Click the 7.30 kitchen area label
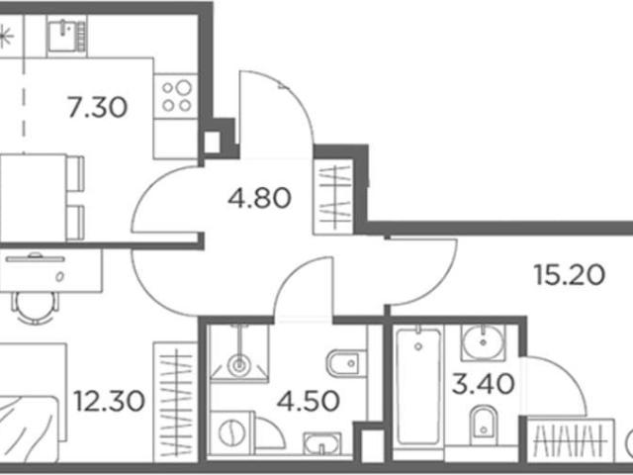click(x=97, y=107)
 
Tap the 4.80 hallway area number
click(x=259, y=198)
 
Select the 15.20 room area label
click(x=570, y=275)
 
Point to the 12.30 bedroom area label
click(x=109, y=401)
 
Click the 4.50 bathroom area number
click(x=308, y=401)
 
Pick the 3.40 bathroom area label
click(x=484, y=383)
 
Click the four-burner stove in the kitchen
click(x=176, y=96)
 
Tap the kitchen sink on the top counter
click(x=66, y=36)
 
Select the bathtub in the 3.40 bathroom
click(x=418, y=387)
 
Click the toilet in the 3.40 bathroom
click(x=484, y=423)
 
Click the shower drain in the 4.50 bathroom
click(x=239, y=365)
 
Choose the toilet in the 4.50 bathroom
click(x=346, y=363)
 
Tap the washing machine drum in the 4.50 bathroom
click(x=231, y=432)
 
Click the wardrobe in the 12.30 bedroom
click(x=175, y=403)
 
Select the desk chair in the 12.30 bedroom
click(x=36, y=307)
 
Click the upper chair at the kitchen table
click(x=75, y=174)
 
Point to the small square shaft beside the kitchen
click(x=212, y=142)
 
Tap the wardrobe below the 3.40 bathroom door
click(x=571, y=440)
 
